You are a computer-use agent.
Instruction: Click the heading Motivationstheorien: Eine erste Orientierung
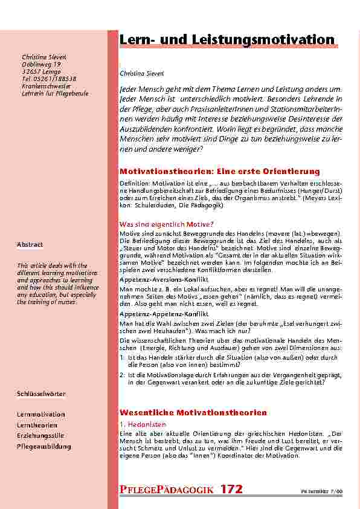pos(219,172)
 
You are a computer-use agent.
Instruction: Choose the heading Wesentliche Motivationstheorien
pos(193,412)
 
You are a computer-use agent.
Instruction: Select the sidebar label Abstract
pos(30,244)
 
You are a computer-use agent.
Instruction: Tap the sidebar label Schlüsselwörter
pos(41,394)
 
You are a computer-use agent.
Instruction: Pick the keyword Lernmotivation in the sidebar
pos(40,414)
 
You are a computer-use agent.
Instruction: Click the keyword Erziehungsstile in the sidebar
pos(40,435)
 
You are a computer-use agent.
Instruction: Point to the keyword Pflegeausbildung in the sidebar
pos(43,446)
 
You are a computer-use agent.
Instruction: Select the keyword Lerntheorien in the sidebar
pos(37,425)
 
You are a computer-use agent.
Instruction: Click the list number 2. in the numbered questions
pos(123,375)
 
